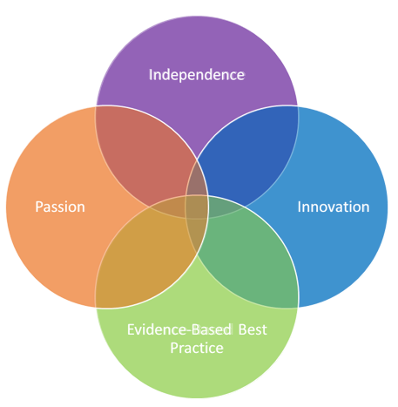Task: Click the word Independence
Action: point(197,75)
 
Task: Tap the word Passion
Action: point(60,207)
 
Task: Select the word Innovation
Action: point(334,207)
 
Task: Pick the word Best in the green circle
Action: point(253,329)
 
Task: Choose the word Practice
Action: point(197,348)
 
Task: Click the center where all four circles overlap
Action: point(197,207)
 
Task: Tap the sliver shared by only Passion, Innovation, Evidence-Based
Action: point(197,235)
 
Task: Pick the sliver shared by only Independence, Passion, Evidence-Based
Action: point(168,207)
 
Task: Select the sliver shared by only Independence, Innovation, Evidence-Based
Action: point(225,207)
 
